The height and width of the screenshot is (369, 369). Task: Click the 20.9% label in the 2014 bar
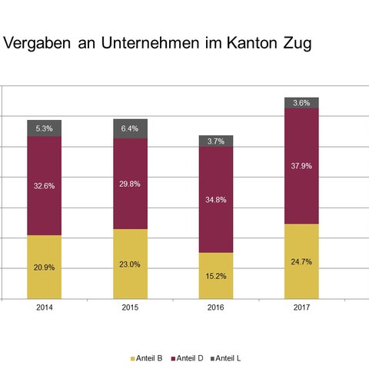point(44,268)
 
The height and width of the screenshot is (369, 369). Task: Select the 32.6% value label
point(44,186)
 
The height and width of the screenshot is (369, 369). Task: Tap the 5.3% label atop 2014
point(44,128)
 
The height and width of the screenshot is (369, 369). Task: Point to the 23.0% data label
point(130,264)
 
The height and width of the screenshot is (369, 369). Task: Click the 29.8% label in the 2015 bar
point(130,184)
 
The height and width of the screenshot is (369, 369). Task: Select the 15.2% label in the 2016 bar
point(216,276)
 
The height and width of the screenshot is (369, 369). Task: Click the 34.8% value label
point(216,200)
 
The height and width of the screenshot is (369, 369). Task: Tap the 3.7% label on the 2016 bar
point(216,141)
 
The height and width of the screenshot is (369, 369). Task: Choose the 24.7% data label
point(301,261)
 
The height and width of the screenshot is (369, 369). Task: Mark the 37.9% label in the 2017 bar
point(301,166)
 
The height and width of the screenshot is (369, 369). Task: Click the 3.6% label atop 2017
point(301,103)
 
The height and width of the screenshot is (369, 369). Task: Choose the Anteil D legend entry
point(192,358)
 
